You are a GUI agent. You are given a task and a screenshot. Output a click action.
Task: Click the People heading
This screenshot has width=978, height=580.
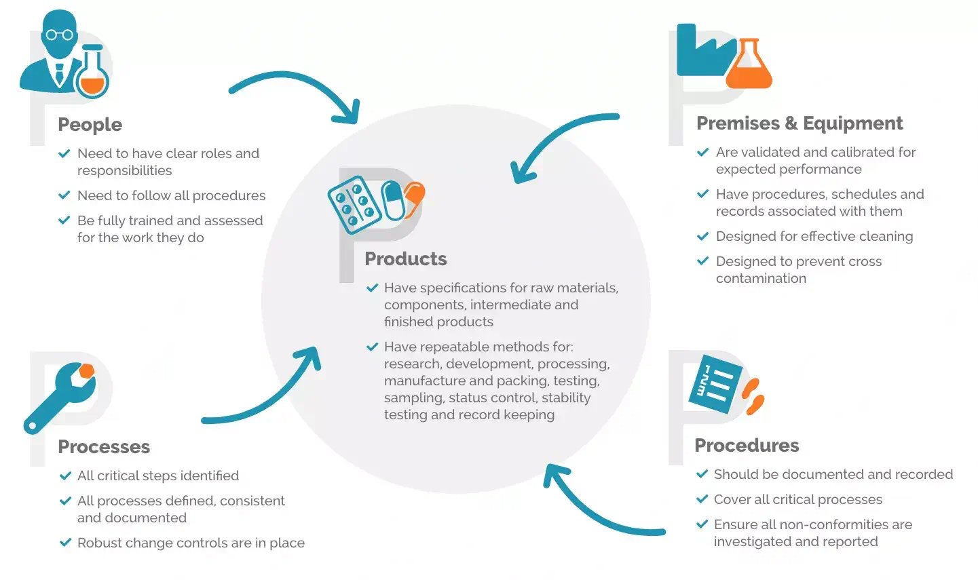90,125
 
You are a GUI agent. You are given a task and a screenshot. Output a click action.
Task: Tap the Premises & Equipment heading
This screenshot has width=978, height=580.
799,123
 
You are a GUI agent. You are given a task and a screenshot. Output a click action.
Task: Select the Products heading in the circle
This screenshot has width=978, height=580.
405,259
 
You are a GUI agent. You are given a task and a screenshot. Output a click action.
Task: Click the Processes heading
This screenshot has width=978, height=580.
104,447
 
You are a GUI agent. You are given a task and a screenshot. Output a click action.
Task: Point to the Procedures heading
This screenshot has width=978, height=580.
747,446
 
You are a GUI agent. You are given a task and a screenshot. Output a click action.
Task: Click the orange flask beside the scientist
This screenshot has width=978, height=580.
92,76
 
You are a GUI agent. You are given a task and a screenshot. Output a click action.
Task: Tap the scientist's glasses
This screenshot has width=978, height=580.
59,35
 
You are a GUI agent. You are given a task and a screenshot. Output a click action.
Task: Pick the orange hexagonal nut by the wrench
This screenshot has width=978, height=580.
86,371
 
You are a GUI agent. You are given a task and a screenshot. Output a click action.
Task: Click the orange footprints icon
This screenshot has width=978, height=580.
753,397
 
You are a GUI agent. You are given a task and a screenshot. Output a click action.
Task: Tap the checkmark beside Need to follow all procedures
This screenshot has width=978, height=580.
64,195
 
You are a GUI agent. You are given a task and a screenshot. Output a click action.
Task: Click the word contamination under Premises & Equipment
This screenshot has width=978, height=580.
761,279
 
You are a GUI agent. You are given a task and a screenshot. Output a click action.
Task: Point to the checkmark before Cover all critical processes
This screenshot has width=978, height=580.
702,499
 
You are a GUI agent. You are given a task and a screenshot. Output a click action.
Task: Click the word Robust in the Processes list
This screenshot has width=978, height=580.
98,543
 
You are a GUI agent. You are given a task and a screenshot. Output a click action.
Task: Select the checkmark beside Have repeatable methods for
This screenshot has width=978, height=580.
372,347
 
